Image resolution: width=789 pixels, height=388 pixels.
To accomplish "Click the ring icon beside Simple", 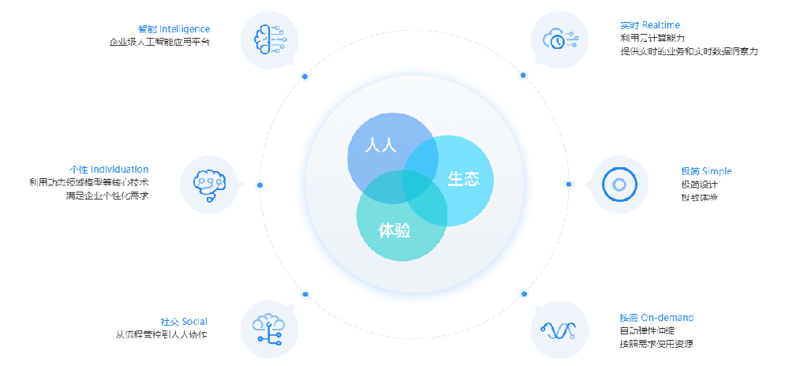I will coord(619,185).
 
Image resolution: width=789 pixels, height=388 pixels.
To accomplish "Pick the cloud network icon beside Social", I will coord(267,326).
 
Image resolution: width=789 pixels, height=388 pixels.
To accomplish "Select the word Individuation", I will coord(119,170).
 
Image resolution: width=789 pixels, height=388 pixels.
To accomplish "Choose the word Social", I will coord(194,322).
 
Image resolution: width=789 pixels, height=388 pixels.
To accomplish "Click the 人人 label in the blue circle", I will coord(380,146).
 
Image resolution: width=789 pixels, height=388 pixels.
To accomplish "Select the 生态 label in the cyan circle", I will coord(463,179).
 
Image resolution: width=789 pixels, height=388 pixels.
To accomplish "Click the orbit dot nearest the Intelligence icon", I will coord(305,76).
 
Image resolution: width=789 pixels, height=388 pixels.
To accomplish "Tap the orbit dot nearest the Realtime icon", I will coord(522,75).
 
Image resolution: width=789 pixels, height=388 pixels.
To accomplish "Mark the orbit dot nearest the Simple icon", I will coord(568,184).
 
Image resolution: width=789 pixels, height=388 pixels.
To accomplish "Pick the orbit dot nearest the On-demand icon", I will coord(523,293).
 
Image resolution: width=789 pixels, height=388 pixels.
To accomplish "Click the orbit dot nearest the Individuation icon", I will coord(260,184).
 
